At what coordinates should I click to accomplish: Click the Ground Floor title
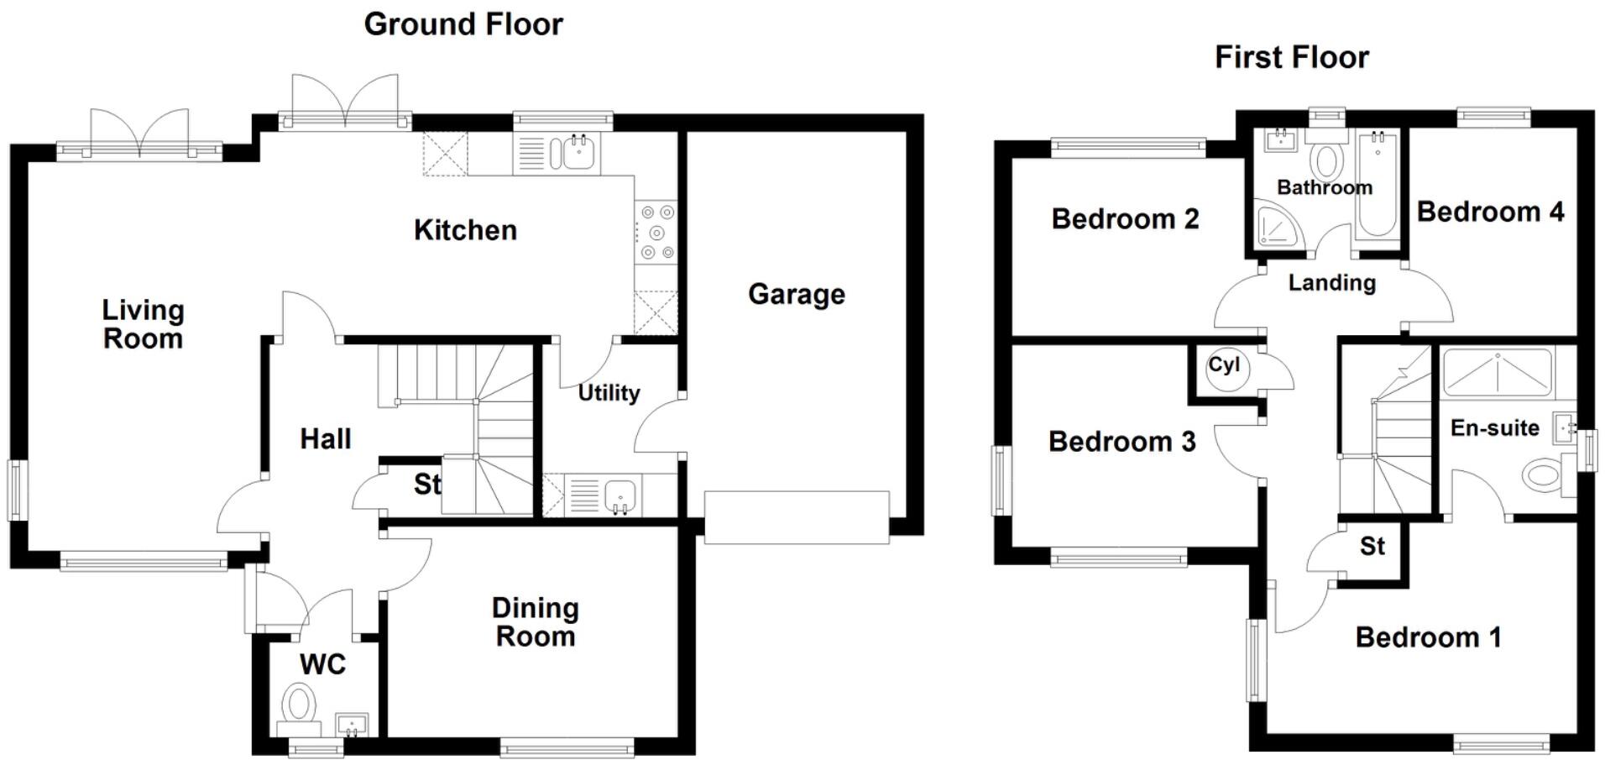(x=463, y=24)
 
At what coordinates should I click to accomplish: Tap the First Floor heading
(x=1291, y=57)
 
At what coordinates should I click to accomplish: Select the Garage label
(x=796, y=294)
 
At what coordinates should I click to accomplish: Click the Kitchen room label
(x=465, y=230)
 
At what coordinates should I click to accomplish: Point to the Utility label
(x=609, y=392)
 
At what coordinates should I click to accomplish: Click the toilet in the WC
(x=298, y=704)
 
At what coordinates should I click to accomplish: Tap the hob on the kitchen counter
(x=656, y=232)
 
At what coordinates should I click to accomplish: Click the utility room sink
(x=620, y=495)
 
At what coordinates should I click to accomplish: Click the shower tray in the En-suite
(x=1497, y=374)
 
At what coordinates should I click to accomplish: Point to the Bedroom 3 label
(x=1121, y=442)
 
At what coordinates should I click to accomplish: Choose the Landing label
(x=1331, y=283)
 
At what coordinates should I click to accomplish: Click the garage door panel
(x=796, y=517)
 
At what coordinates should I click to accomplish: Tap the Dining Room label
(x=535, y=622)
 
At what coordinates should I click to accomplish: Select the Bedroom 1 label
(x=1428, y=637)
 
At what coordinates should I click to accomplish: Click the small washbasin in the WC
(x=351, y=724)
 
